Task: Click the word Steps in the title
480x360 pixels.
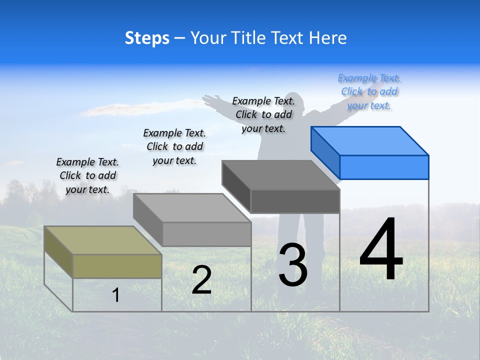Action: tap(147, 38)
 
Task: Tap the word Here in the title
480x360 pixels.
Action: tap(327, 38)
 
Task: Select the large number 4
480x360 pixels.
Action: tap(381, 250)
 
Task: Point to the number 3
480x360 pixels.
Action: tap(293, 265)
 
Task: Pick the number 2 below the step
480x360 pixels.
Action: tap(201, 280)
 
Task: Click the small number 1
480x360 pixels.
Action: tap(116, 295)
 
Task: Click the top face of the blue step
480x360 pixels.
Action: tap(370, 140)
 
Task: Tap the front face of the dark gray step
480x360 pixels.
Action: tap(295, 201)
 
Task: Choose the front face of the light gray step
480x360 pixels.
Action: tap(206, 234)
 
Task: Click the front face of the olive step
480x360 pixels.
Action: tap(117, 266)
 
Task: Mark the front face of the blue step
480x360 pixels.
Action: tap(384, 167)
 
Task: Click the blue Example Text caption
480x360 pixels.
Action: tap(369, 92)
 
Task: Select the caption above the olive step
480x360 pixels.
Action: tap(87, 175)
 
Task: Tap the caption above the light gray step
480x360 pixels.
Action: tap(174, 146)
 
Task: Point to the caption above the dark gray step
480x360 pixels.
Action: tap(263, 114)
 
